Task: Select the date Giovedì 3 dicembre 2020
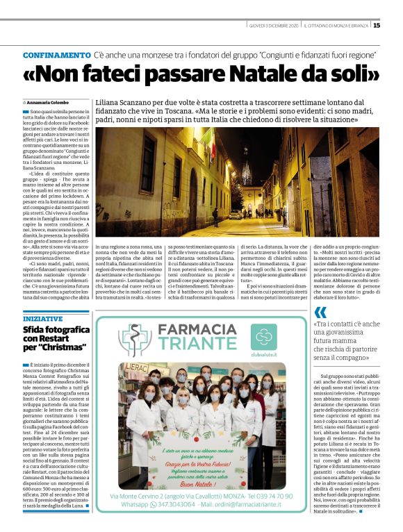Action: pyautogui.click(x=274, y=26)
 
